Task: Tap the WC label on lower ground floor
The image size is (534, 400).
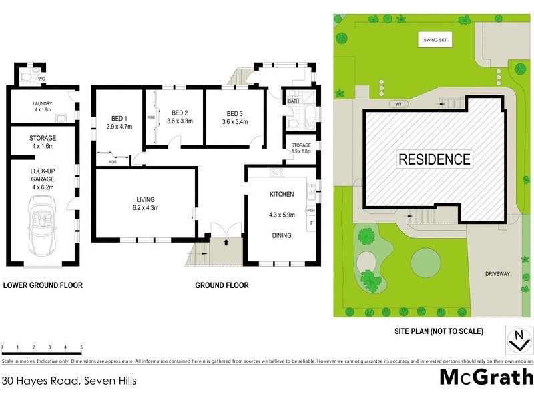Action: point(41,79)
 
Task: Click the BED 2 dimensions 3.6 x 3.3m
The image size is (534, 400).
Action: point(178,121)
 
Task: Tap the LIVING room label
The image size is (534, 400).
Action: point(146,199)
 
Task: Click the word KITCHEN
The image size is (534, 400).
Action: point(282,194)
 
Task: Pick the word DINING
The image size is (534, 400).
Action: point(282,235)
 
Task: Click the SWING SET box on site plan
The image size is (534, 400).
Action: point(436,41)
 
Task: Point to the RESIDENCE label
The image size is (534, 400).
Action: point(435,159)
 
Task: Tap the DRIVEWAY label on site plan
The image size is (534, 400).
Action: point(497,274)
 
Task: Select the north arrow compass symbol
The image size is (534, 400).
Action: point(517,341)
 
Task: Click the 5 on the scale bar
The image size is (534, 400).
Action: point(81,348)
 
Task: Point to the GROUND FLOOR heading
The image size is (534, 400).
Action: point(222,285)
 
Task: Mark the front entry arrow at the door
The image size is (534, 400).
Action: point(226,242)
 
